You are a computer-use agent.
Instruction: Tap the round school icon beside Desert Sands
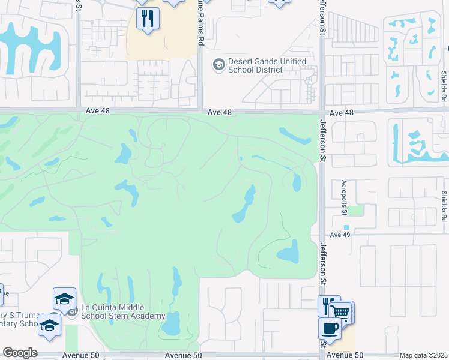(218, 64)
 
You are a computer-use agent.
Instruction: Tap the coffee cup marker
(329, 329)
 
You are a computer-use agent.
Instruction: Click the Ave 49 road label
(340, 235)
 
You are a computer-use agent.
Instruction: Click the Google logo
(20, 352)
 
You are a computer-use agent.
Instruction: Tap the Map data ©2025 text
(424, 355)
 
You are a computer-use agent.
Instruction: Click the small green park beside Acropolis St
(357, 210)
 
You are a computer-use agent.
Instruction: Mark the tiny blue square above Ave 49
(354, 229)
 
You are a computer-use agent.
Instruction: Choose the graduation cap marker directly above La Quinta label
(64, 298)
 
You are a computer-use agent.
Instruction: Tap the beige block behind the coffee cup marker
(344, 339)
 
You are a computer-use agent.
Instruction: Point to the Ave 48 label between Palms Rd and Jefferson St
(220, 112)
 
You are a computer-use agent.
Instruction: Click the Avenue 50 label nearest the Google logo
(83, 356)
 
